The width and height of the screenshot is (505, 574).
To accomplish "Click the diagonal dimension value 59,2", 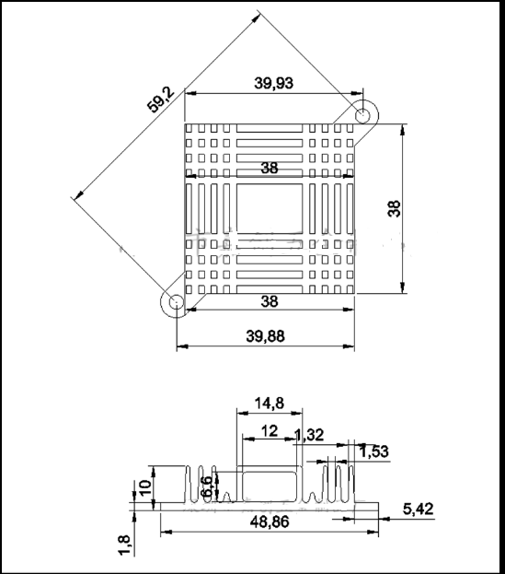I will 162,98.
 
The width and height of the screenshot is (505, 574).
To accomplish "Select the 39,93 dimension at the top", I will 274,83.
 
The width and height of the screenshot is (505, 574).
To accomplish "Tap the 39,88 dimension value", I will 265,336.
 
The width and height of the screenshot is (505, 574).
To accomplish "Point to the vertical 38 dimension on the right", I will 395,209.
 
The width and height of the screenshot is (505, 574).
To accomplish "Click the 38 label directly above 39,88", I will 270,300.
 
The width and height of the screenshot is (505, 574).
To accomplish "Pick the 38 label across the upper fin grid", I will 270,168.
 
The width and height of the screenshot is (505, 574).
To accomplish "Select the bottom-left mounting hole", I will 172,301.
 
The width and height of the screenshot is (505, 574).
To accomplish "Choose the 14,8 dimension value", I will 269,402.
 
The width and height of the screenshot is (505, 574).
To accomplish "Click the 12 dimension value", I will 270,431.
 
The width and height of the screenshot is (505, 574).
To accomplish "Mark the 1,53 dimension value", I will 374,451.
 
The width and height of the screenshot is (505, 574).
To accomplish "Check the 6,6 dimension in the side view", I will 207,486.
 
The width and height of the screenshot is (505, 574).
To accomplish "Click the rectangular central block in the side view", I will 270,483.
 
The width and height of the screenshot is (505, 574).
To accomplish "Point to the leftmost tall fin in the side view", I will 190,484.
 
